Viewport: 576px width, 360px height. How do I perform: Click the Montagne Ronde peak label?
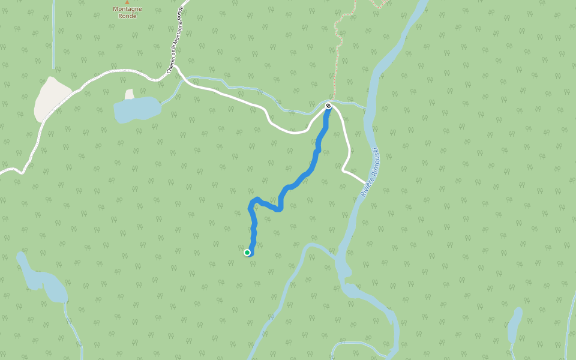(x=127, y=12)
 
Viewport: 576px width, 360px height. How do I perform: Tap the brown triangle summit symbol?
(x=127, y=2)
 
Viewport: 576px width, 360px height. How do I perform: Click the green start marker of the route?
(x=247, y=253)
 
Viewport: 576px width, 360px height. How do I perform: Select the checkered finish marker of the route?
(x=328, y=106)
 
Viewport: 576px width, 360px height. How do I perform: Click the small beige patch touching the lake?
(x=129, y=94)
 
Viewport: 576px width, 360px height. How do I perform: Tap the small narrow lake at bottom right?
(x=514, y=325)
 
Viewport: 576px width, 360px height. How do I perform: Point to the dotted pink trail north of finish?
(x=339, y=48)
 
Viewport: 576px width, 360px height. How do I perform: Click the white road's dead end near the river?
(x=364, y=181)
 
